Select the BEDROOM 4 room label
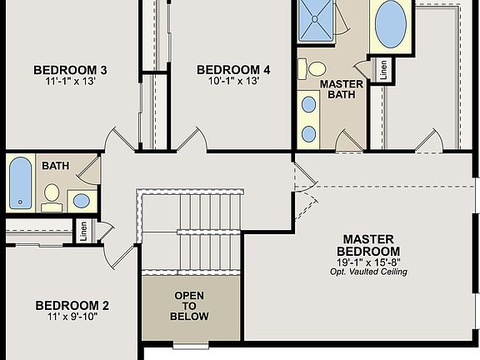coord(233,69)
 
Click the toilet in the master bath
coord(315,69)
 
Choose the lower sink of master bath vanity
coord(309,132)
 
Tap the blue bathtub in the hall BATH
coord(20,182)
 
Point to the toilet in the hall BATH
coord(52,194)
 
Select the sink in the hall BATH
coord(81,200)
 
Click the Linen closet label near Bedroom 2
coord(83,231)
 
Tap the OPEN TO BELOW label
coord(189,306)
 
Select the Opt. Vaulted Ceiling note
coord(367,272)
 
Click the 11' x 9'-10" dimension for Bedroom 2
coord(72,318)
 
